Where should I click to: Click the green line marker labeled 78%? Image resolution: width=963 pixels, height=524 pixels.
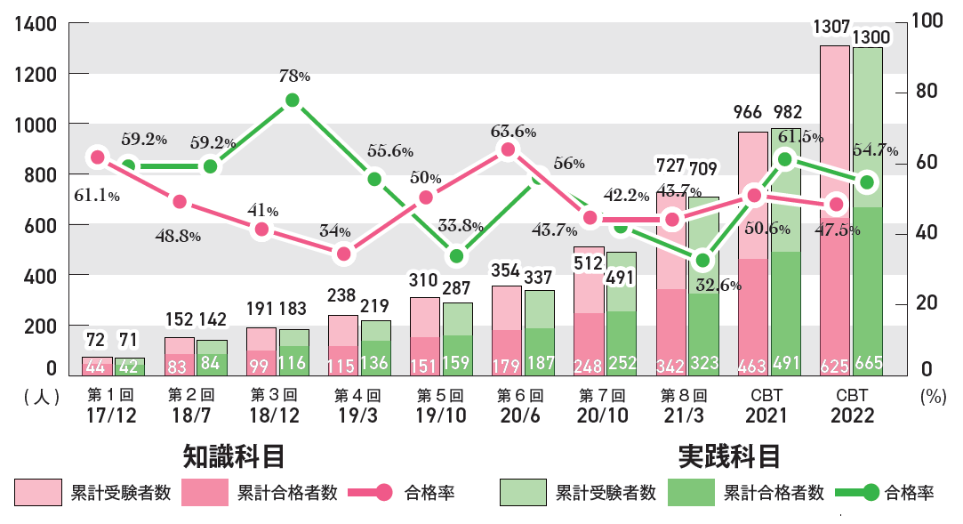point(292,101)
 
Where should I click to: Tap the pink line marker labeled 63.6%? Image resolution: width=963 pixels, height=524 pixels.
point(508,149)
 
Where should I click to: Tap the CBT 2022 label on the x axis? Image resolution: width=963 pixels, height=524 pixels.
point(852,407)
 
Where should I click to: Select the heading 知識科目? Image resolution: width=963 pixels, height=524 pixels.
point(235,456)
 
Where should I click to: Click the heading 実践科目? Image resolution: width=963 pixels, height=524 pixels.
point(729,456)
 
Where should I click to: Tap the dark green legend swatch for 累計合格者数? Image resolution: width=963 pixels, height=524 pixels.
point(691,492)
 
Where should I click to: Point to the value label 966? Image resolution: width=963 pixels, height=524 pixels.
point(748,113)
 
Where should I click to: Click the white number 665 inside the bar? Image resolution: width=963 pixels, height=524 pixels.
point(868,366)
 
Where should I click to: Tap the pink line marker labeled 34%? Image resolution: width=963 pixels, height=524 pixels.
point(344,254)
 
